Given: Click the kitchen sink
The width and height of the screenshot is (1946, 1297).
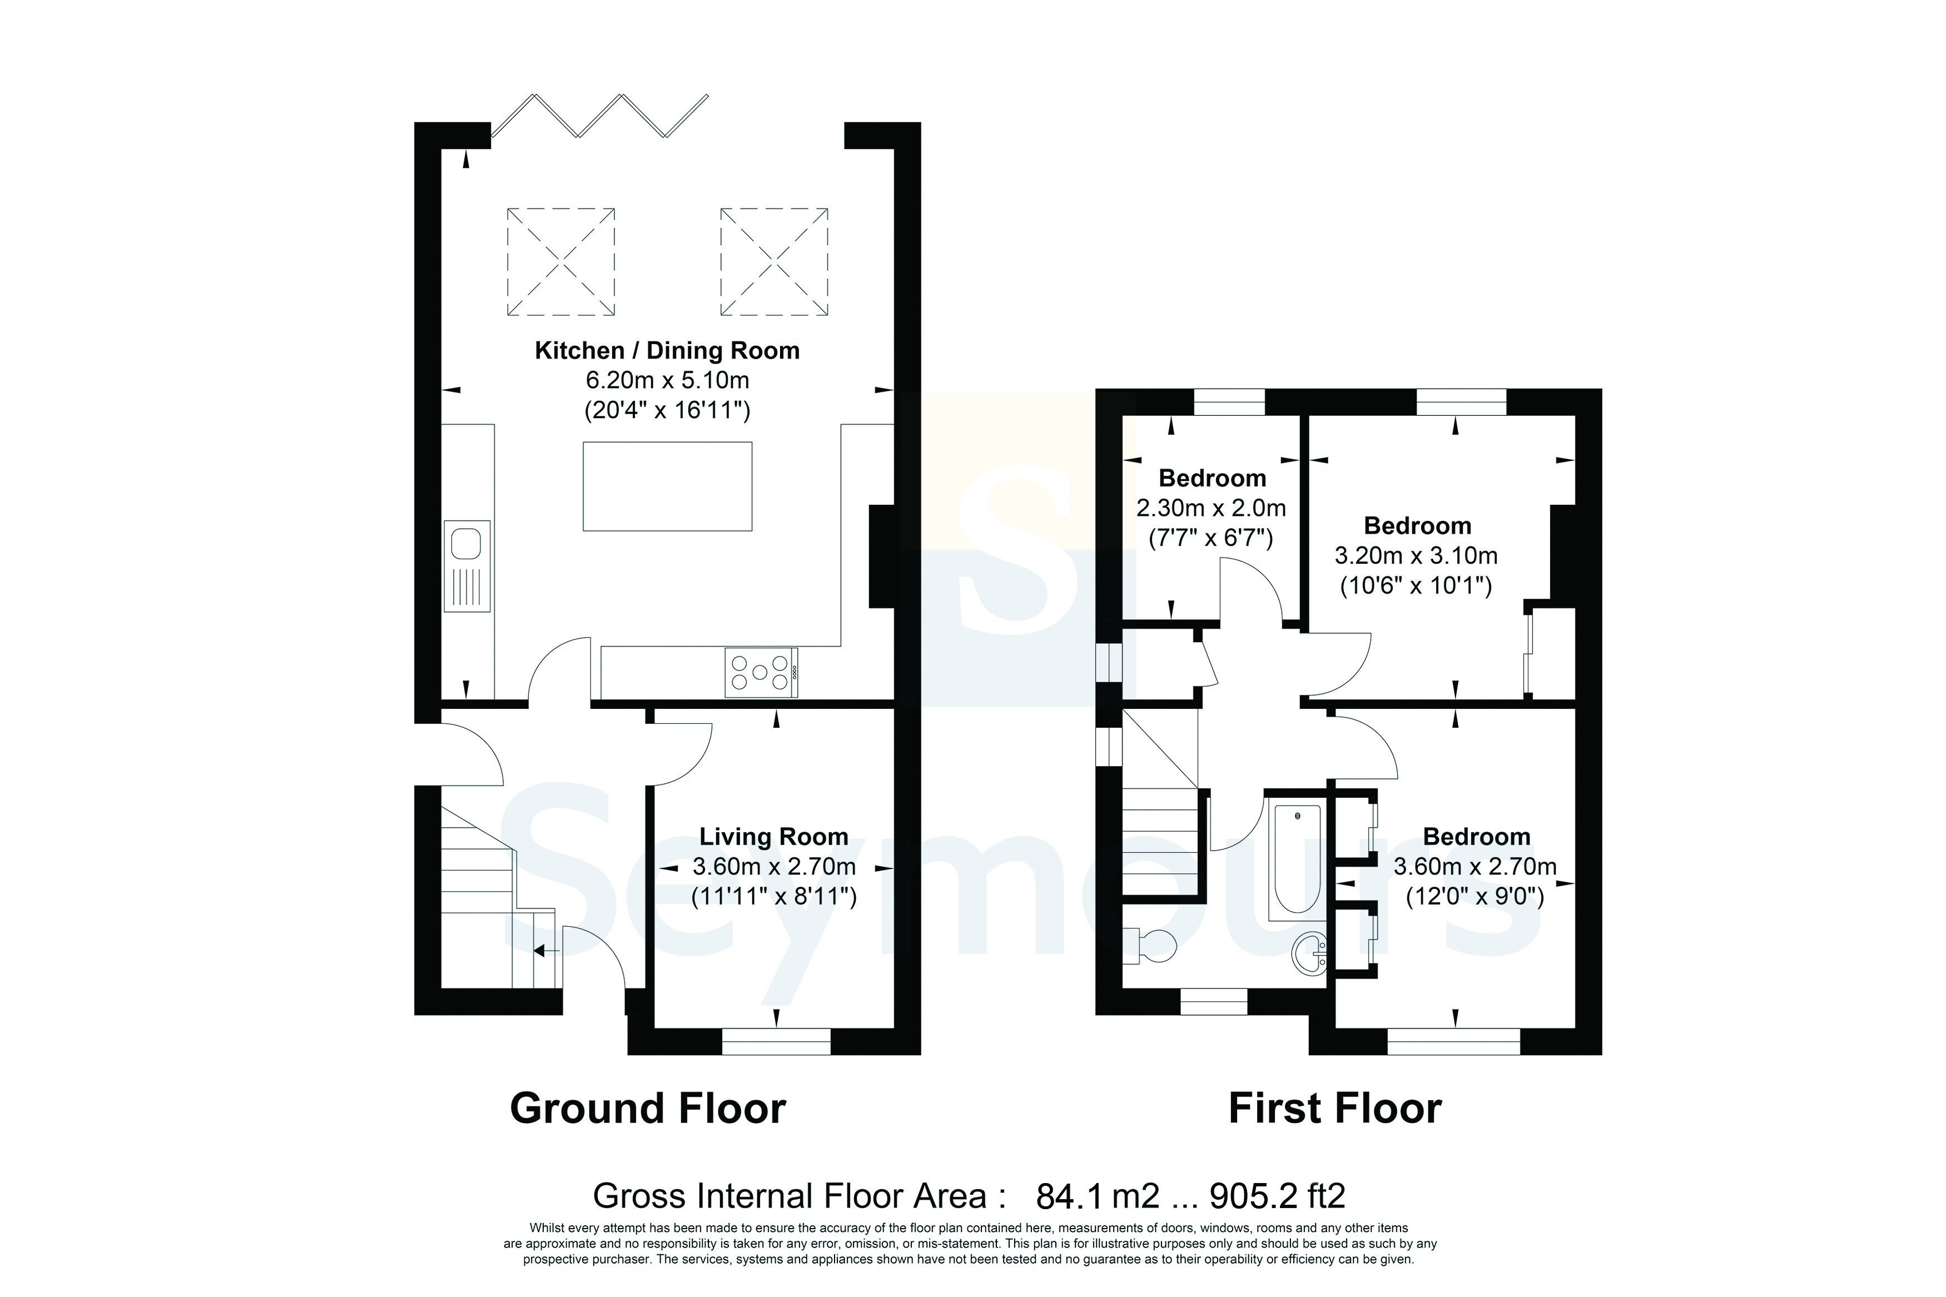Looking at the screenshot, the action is point(467,566).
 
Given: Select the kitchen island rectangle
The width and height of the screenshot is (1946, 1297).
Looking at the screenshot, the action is point(667,486).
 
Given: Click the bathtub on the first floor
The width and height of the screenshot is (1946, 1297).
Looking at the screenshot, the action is point(1296,860).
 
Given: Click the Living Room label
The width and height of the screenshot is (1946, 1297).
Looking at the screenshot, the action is point(774,837).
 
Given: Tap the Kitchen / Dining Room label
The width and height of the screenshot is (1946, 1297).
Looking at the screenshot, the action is point(667,351).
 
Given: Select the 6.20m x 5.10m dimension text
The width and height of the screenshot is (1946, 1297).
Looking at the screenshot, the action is point(667,380).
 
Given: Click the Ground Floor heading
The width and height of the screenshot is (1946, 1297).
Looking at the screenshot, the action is point(648,1109).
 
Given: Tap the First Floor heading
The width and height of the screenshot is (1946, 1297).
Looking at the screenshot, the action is point(1335,1109).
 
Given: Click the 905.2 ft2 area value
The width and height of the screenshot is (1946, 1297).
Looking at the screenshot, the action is point(1278,1196).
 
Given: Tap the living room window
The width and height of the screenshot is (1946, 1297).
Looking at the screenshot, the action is point(776,1041).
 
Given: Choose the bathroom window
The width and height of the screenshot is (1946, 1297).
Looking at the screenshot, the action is point(1213,1002).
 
